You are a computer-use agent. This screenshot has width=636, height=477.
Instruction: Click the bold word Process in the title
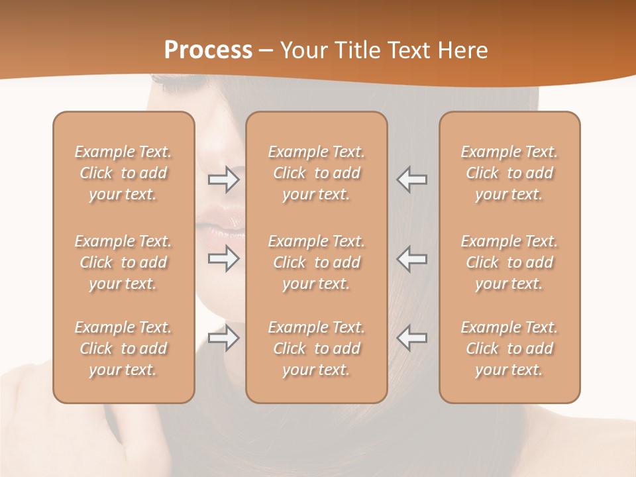coord(208,50)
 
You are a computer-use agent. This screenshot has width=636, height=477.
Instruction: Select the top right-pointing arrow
coord(224,179)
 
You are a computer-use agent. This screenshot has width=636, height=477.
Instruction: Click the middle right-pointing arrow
coord(224,258)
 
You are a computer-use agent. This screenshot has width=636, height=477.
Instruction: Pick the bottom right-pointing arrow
coord(224,338)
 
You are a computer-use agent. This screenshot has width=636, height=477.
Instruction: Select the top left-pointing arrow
coord(412,179)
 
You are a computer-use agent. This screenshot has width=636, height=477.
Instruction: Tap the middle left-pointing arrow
coord(412,258)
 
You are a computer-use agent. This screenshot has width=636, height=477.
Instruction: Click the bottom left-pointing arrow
coord(412,338)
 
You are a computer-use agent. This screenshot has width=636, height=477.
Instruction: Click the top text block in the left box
coord(123,173)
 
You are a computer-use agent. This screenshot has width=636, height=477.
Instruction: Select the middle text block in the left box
coord(123,262)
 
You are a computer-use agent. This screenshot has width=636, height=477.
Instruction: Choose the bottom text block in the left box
coord(123,348)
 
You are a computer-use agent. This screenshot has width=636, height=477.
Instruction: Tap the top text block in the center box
coord(317,173)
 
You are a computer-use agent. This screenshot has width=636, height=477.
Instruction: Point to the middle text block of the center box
coord(317,262)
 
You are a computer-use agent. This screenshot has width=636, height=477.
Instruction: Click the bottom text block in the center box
coord(317,348)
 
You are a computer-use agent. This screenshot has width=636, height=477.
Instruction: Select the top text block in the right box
coord(509,173)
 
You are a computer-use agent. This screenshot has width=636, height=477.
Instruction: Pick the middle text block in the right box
coord(509,262)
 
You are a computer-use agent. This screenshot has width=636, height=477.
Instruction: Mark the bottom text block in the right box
coord(509,348)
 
